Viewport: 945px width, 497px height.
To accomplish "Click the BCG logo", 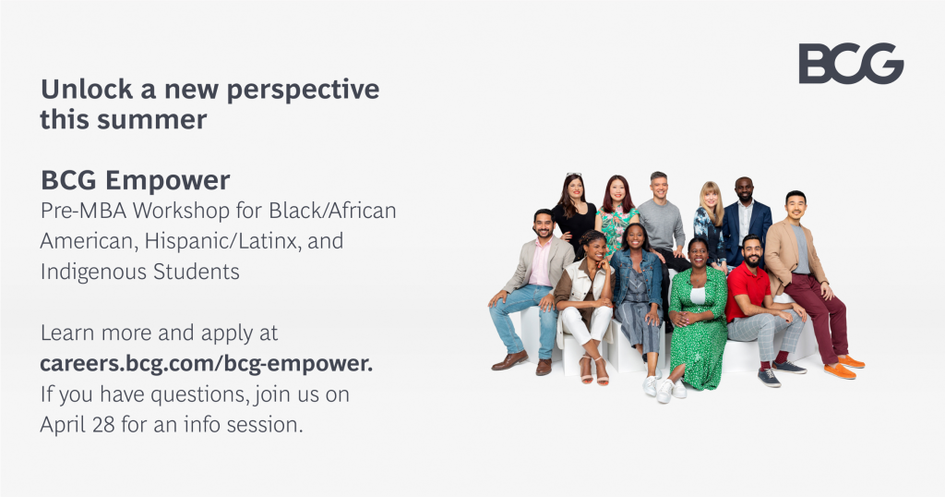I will click(850, 64).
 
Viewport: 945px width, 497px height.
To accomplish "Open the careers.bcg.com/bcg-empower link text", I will click(206, 363).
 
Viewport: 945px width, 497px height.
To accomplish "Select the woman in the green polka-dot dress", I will click(699, 314).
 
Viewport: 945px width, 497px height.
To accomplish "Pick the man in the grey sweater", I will click(661, 222).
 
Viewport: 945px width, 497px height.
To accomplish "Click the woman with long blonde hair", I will click(710, 217).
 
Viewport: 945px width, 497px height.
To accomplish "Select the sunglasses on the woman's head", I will click(574, 176).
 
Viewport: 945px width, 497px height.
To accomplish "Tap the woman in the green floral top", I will click(616, 217).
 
